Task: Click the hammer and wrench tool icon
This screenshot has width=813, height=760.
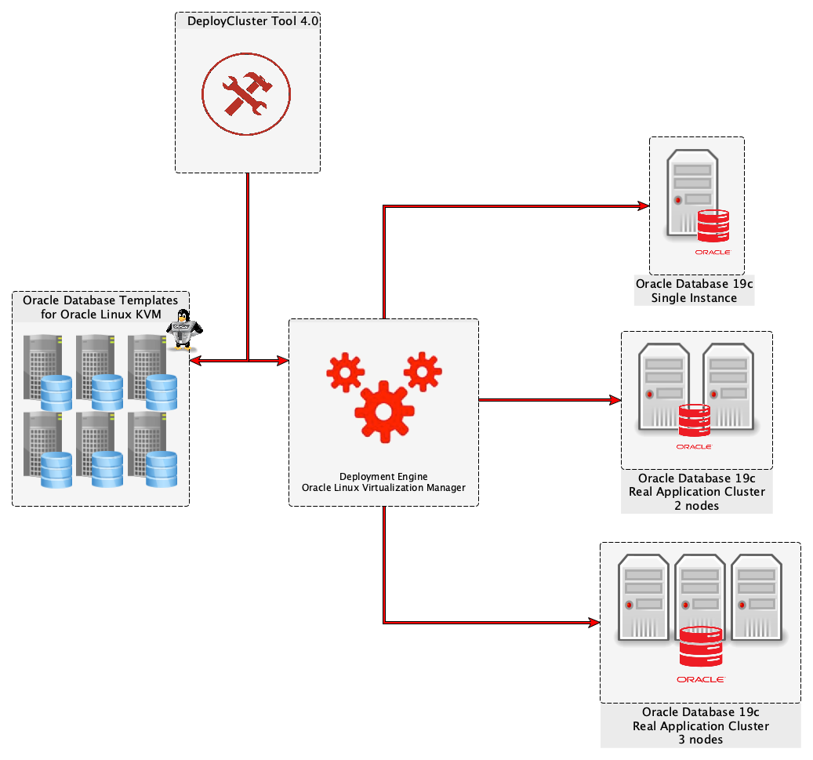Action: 246,95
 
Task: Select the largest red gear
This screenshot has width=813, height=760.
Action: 383,411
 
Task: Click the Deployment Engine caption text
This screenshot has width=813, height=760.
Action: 383,476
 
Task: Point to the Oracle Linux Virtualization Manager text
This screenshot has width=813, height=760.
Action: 383,488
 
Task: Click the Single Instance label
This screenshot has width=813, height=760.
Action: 694,298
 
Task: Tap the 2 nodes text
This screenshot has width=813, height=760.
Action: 697,506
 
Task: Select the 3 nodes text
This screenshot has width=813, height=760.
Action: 700,740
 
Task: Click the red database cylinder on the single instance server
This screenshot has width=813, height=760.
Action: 713,225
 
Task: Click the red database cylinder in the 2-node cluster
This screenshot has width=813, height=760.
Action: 694,420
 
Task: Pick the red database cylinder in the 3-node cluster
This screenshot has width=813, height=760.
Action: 701,646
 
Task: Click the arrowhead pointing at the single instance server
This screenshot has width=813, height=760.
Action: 644,206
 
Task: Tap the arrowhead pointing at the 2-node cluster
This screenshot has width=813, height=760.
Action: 615,400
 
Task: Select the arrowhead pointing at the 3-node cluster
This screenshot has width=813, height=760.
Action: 594,623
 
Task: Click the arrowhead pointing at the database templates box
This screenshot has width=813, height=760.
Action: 195,361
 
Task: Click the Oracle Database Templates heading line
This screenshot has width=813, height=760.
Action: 100,300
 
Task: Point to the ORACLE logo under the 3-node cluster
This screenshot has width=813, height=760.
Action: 701,679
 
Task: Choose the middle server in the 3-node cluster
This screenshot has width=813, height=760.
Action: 701,596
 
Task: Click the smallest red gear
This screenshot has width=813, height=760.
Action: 423,371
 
